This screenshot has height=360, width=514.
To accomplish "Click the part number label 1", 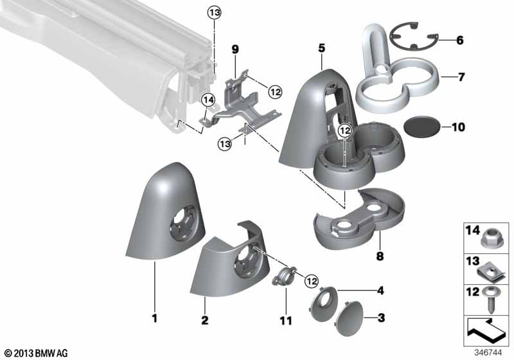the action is tap(154, 318).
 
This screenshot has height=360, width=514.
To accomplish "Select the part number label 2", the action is tap(204, 320).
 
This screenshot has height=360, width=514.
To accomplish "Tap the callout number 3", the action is tap(381, 318).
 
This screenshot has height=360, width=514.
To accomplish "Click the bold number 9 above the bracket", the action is tap(235, 50).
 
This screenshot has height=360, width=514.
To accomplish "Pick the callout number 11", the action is tap(285, 320).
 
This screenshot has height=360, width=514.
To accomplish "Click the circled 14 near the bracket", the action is tap(208, 100).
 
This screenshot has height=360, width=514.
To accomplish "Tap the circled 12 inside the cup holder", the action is tap(345, 130).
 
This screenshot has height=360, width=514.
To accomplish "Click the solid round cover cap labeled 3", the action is tap(350, 319).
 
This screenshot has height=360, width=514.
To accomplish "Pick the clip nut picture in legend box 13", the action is tap(489, 274).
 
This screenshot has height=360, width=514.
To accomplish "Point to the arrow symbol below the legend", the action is tap(486, 329).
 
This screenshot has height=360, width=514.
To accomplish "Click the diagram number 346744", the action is tap(488, 353).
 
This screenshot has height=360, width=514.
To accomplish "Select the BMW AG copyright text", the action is tap(37, 353).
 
